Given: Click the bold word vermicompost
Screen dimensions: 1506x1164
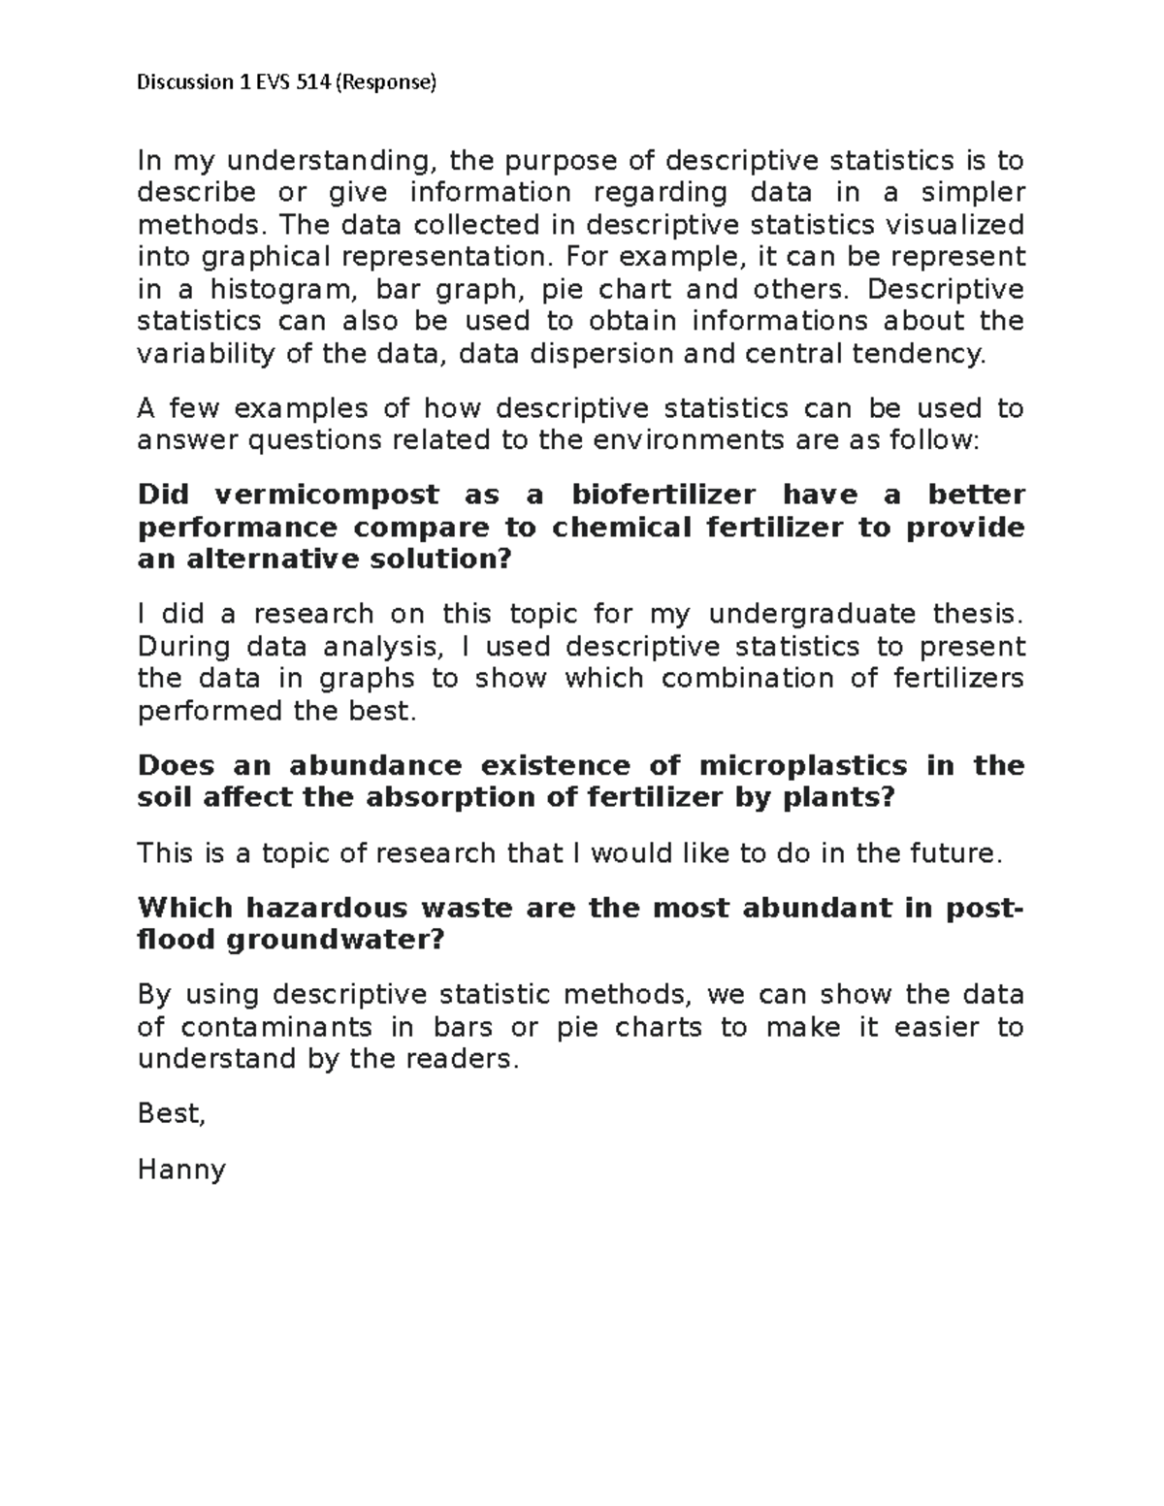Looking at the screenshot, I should (x=327, y=495).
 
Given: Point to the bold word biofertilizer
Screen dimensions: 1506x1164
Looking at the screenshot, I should (x=663, y=495).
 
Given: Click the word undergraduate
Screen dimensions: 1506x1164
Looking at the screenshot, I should (x=812, y=614).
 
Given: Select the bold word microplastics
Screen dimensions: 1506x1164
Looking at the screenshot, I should (x=803, y=765).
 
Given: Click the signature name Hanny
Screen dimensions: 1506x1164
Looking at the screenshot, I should (x=181, y=1170).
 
